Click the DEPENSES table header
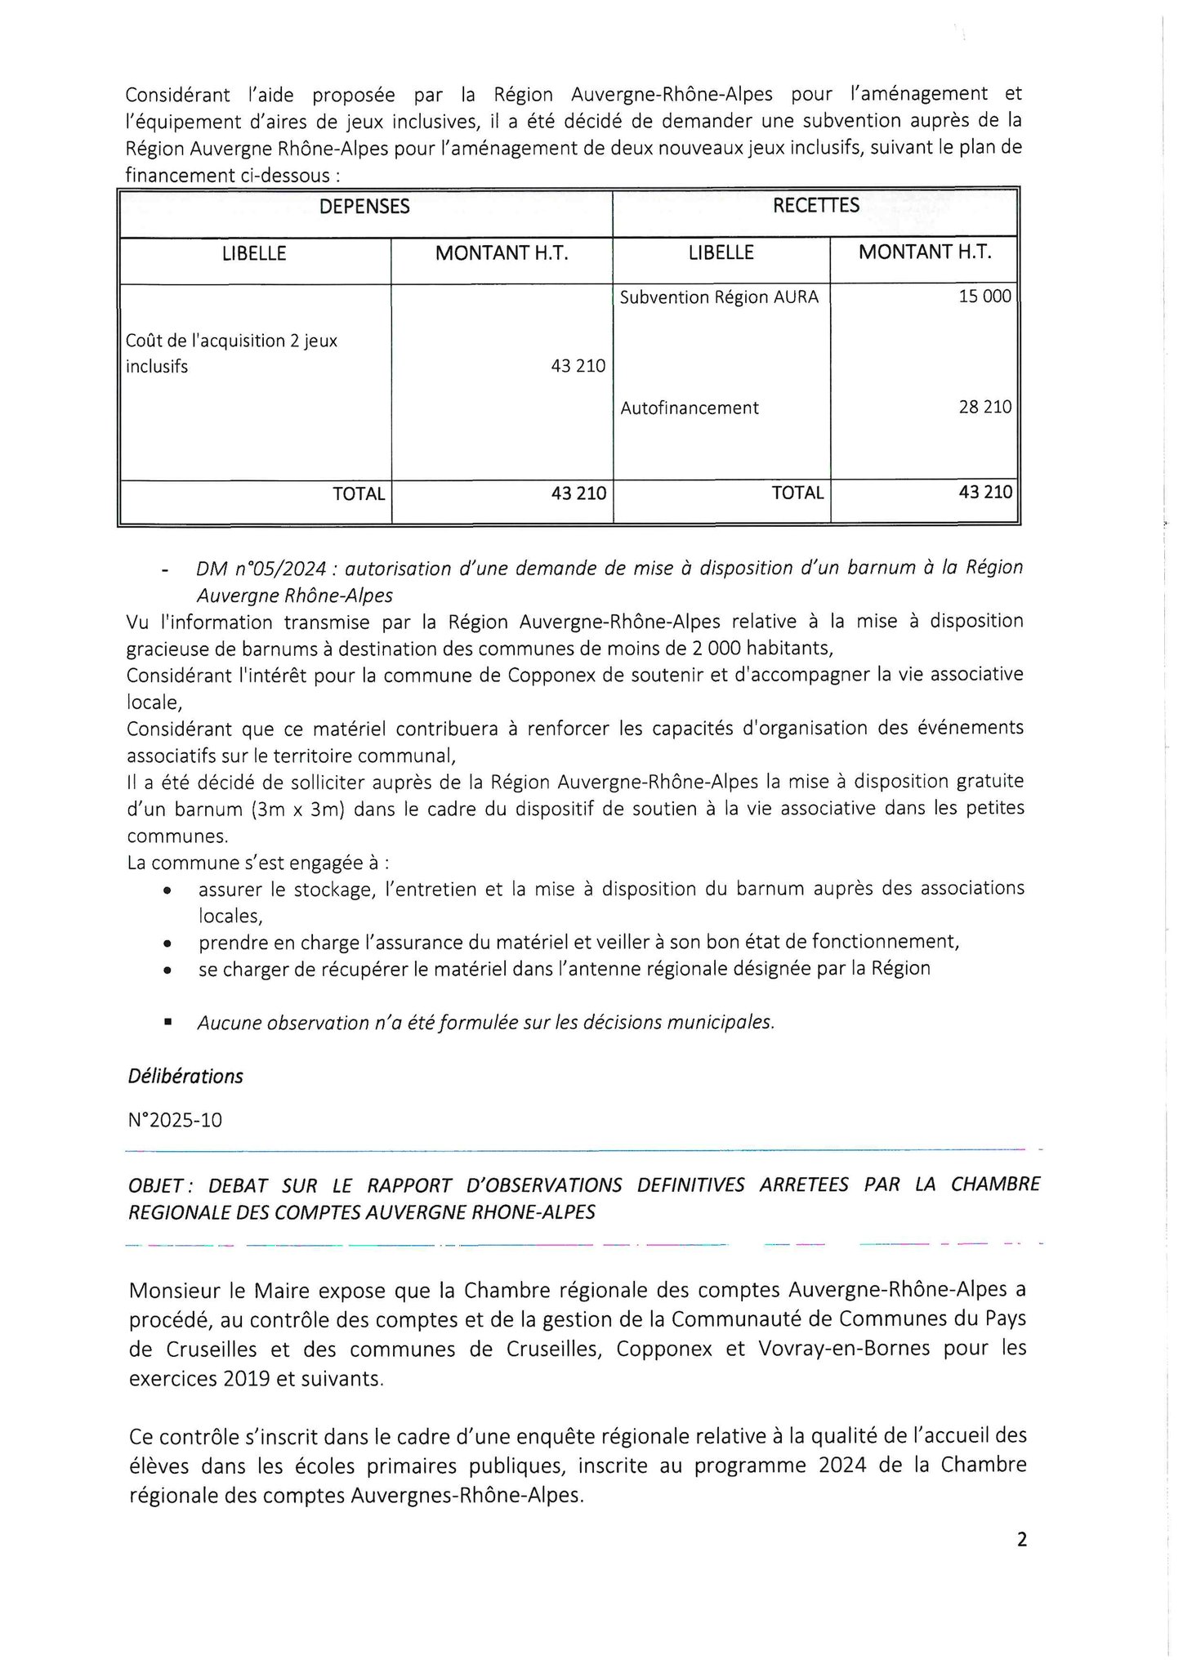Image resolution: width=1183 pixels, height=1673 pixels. [364, 207]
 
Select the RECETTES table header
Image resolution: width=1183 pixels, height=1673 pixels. [815, 206]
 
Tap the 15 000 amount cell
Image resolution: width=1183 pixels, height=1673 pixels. [984, 297]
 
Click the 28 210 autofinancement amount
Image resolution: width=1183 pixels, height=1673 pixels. [984, 407]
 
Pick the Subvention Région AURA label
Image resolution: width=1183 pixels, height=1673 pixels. [719, 297]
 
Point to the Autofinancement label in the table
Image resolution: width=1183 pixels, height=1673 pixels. [690, 408]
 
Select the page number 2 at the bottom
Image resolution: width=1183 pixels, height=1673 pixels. [1021, 1540]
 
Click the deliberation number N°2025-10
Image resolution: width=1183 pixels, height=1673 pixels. [175, 1119]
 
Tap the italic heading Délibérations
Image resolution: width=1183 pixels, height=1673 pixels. [185, 1076]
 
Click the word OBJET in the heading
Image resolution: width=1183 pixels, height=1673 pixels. [158, 1184]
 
